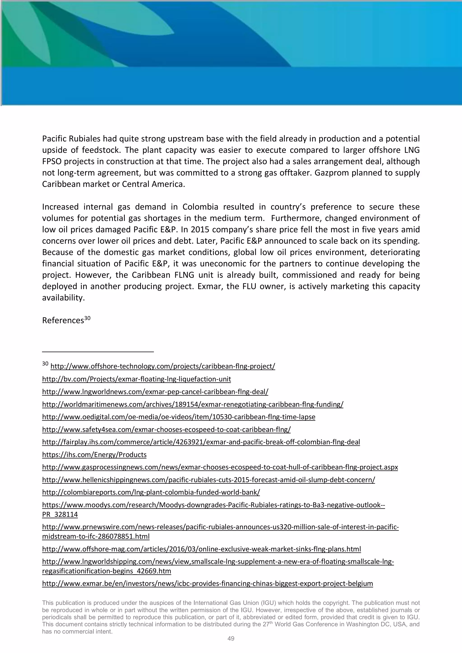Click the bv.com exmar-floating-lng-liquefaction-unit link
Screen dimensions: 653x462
136,379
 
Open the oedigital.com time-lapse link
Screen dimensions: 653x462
179,417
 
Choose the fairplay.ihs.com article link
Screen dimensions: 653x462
201,442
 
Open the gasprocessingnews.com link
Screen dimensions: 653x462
220,467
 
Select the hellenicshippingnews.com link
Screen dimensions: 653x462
208,480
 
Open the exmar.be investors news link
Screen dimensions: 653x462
207,584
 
